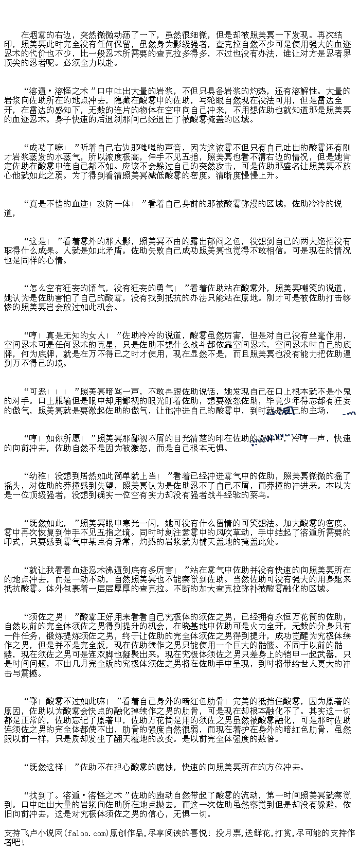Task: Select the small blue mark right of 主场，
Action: pyautogui.click(x=348, y=413)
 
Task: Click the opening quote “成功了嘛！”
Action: pyautogui.click(x=49, y=148)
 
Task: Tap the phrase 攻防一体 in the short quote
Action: pyautogui.click(x=111, y=204)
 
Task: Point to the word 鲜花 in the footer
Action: pyautogui.click(x=262, y=832)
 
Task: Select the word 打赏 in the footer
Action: pyautogui.click(x=283, y=832)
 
